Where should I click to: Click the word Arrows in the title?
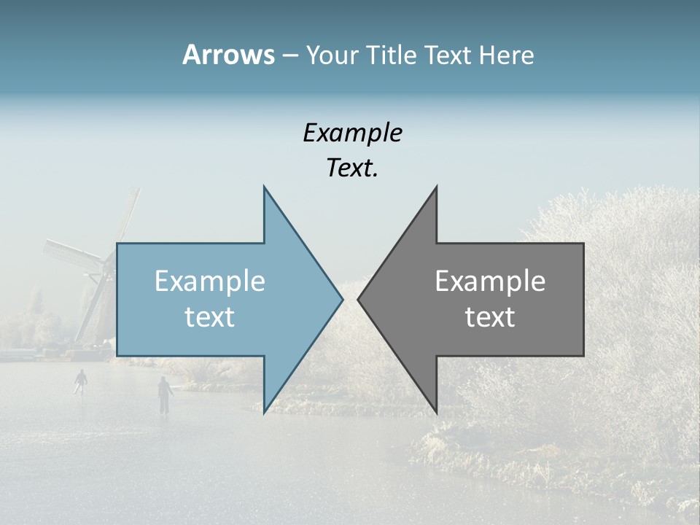tap(227, 55)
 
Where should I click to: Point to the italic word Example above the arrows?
tap(352, 133)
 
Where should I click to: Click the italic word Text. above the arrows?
tap(352, 168)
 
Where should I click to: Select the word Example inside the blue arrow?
tap(210, 281)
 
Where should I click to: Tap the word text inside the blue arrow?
tap(210, 317)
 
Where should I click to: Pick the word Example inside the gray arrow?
tap(490, 281)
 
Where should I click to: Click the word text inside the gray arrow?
tap(490, 317)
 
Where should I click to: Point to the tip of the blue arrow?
tap(343, 299)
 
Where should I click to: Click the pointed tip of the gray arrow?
tap(357, 299)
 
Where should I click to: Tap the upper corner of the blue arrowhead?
tap(264, 186)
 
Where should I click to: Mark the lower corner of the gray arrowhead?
tap(437, 413)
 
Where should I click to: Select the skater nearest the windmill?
tap(81, 381)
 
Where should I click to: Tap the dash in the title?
tap(289, 55)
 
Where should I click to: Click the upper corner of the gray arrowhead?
tap(437, 186)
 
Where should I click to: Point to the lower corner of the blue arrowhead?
tap(264, 413)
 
